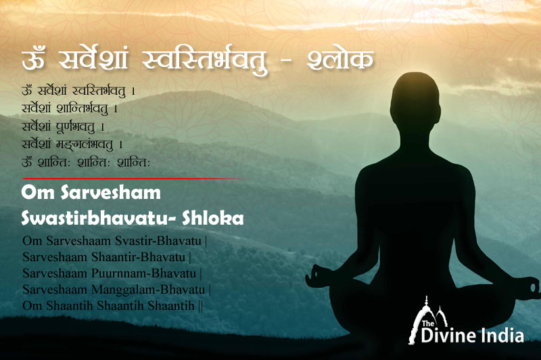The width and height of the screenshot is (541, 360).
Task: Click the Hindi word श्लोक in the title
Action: (x=340, y=60)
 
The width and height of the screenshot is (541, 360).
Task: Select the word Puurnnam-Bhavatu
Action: (x=143, y=273)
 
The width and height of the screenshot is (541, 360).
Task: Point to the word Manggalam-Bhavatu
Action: (x=148, y=289)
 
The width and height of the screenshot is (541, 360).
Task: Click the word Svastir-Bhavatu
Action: (x=158, y=241)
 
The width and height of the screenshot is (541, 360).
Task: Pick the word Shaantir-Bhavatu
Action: (x=139, y=257)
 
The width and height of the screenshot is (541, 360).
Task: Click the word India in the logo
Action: (x=502, y=336)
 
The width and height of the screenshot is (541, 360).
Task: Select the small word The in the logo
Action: (x=428, y=323)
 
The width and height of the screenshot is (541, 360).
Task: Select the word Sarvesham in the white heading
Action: (x=111, y=193)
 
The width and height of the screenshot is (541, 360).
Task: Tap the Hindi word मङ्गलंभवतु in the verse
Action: (x=85, y=144)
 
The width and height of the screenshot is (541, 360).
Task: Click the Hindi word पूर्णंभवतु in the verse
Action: (x=76, y=127)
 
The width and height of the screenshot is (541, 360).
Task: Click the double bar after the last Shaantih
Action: (x=201, y=306)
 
